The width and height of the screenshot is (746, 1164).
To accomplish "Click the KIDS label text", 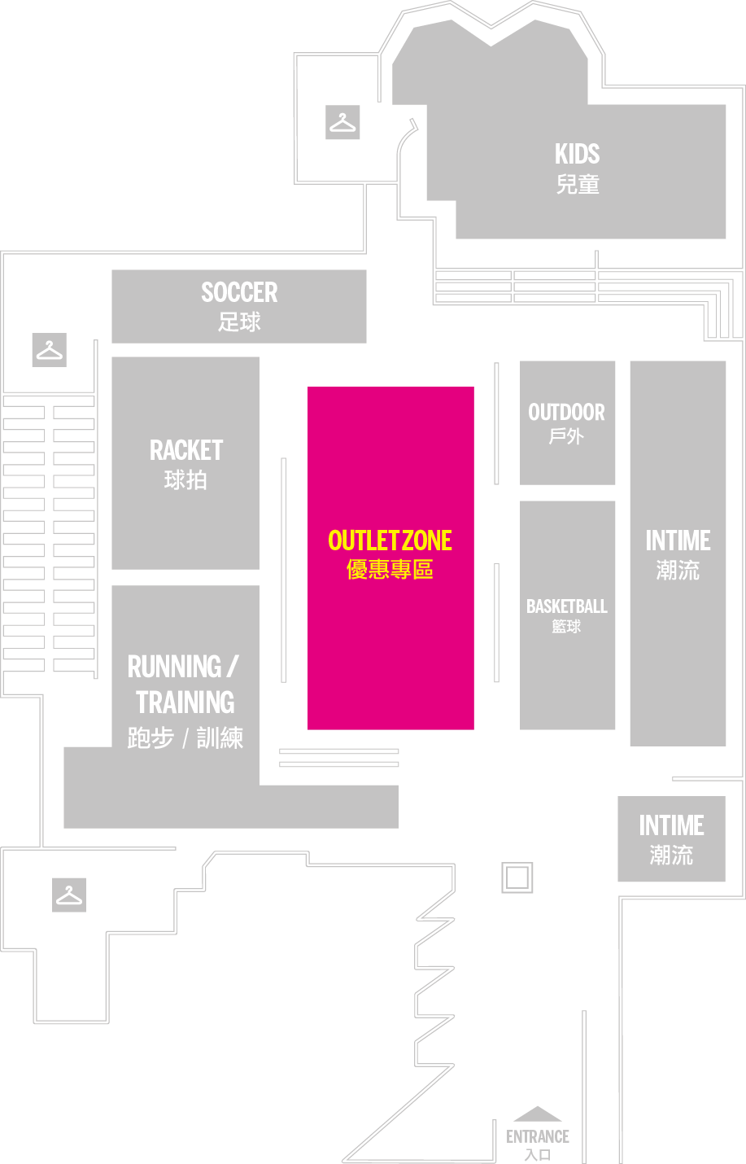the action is [x=577, y=154].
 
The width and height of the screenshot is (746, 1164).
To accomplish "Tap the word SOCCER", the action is [x=239, y=292].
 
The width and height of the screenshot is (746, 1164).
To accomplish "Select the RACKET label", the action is [x=186, y=450].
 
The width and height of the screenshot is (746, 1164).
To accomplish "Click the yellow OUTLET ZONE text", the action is [x=390, y=540].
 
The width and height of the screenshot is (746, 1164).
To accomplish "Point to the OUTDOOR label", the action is [x=567, y=413].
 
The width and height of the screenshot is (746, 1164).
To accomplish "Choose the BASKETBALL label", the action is [x=567, y=606].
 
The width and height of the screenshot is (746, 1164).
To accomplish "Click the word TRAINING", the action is [x=185, y=702].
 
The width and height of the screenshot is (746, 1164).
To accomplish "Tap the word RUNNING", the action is [x=175, y=667].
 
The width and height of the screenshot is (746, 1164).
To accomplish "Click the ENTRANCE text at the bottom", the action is [x=538, y=1136].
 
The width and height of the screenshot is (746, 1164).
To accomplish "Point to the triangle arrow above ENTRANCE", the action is [x=538, y=1114].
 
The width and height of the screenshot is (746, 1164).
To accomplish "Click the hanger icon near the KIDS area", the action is [x=342, y=122].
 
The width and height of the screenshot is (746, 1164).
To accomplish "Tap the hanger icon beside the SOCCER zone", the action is [x=50, y=350].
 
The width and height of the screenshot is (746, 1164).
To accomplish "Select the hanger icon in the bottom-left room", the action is [x=69, y=895].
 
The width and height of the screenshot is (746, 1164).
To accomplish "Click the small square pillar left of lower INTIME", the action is [x=517, y=877].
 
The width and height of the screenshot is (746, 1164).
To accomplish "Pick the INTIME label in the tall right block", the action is [x=678, y=540].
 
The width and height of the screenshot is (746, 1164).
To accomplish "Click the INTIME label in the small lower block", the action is [x=672, y=825].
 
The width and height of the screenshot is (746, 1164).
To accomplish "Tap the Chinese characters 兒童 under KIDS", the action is [x=578, y=185].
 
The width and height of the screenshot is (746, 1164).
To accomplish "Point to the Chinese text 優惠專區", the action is [x=390, y=570].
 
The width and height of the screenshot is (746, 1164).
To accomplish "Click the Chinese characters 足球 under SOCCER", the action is [x=239, y=322].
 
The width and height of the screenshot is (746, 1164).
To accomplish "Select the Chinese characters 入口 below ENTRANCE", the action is [x=538, y=1155].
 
